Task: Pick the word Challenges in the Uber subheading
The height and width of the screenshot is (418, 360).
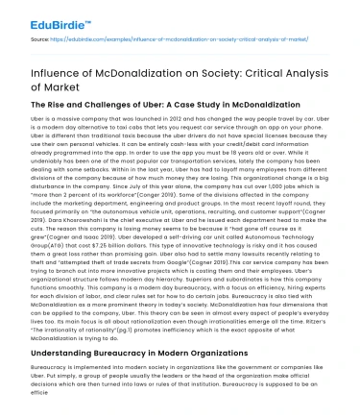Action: tap(114, 102)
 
